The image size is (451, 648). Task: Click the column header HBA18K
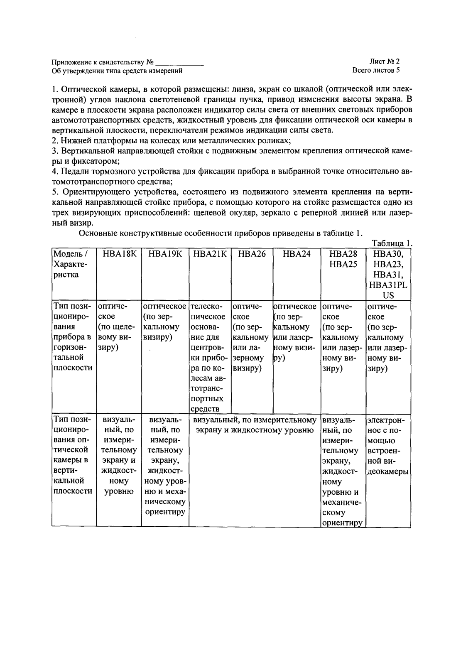click(119, 254)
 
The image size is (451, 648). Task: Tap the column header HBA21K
click(210, 254)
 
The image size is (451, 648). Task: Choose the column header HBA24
click(297, 254)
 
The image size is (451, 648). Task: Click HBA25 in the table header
click(343, 265)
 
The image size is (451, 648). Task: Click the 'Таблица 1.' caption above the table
click(391, 243)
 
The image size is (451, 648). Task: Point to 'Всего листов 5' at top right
click(376, 70)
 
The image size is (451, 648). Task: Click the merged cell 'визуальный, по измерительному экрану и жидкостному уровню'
click(255, 425)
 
